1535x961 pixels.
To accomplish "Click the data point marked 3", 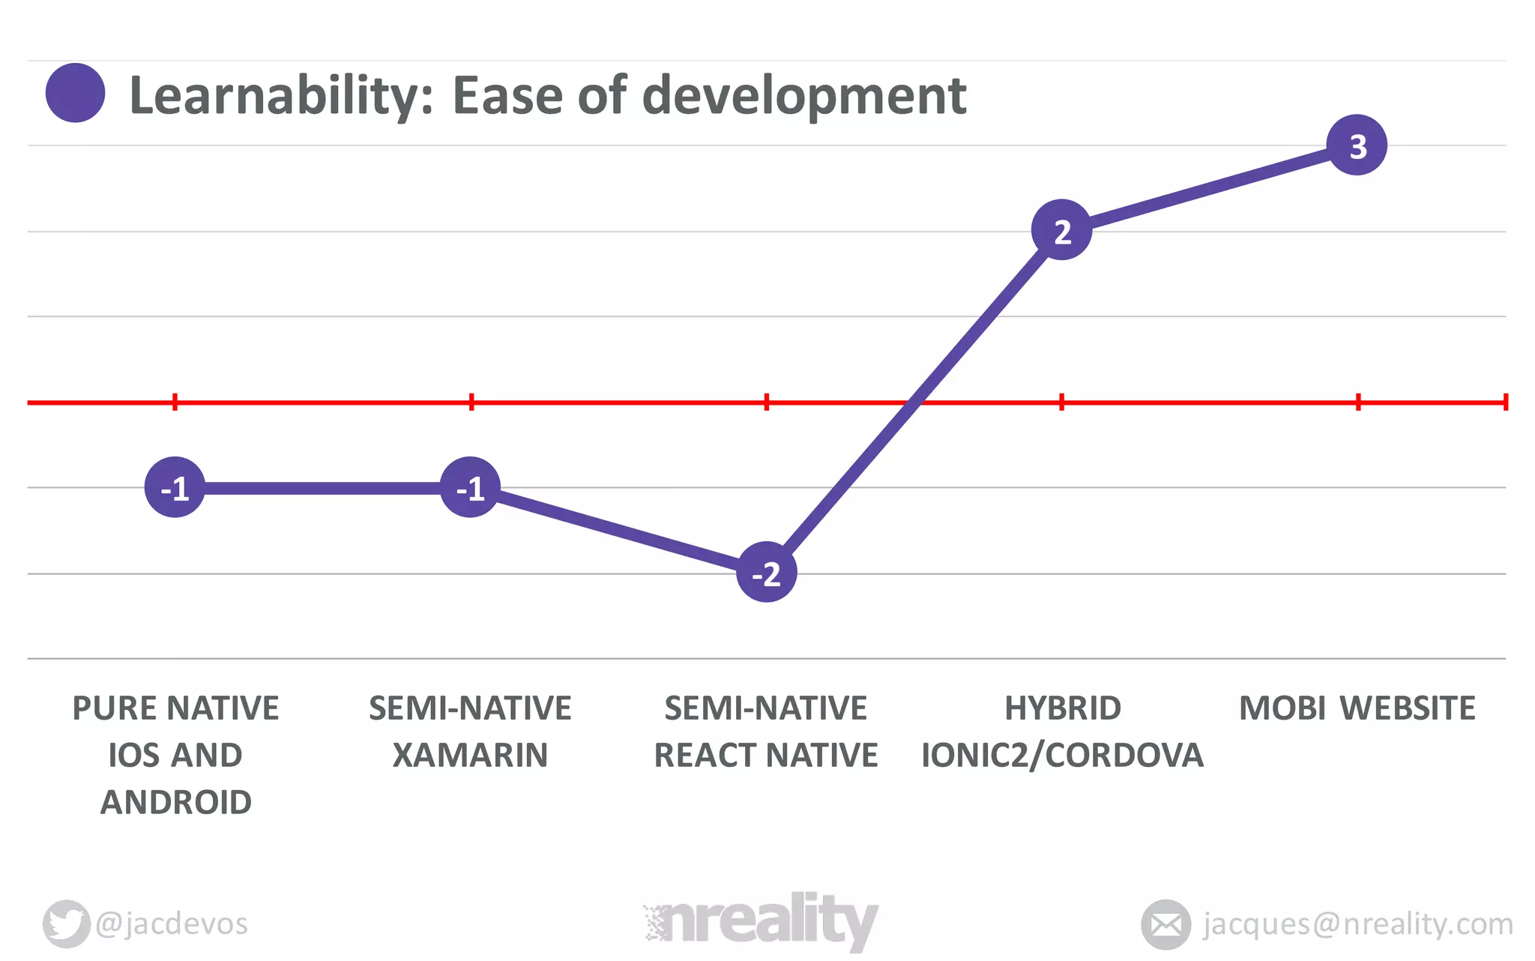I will (x=1357, y=145).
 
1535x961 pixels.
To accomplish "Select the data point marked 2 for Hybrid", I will (x=1061, y=230).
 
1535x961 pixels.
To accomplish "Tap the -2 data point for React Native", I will (x=766, y=573).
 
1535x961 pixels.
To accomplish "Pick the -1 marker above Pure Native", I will (x=175, y=488).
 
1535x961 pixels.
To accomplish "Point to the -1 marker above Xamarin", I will (x=470, y=488).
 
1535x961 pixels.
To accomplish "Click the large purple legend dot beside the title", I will (x=75, y=93).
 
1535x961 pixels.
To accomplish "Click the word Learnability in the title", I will (x=281, y=96).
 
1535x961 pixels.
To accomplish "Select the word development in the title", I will (x=804, y=96).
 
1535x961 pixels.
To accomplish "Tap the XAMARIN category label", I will (x=470, y=755).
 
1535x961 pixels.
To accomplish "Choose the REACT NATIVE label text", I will (x=765, y=755).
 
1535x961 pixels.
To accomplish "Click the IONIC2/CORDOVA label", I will (x=1062, y=755).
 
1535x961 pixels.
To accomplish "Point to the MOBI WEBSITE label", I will (x=1357, y=708).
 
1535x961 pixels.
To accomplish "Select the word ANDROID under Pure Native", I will (x=176, y=802).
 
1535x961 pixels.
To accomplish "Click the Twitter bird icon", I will (x=66, y=924).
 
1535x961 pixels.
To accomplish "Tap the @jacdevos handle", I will (x=172, y=924).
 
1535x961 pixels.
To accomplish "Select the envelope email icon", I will (x=1165, y=924).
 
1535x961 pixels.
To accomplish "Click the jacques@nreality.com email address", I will (x=1357, y=924).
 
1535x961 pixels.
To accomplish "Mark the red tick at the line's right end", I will (x=1505, y=403).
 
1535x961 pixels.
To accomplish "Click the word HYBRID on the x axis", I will (x=1062, y=708).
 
